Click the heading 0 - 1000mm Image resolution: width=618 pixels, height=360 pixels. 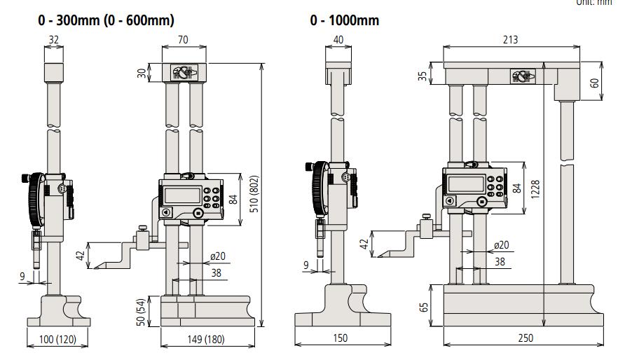(344, 20)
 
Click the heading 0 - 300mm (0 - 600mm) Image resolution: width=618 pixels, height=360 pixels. (106, 20)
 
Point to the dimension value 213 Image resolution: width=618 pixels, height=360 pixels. (510, 39)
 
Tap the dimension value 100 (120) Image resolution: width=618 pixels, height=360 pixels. (57, 340)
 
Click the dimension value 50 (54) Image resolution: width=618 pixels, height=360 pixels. (140, 312)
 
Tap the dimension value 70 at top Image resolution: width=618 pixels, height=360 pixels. (184, 41)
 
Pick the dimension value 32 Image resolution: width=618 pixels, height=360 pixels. (54, 41)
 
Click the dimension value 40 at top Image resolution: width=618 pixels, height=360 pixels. (338, 41)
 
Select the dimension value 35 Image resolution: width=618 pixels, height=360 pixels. (423, 74)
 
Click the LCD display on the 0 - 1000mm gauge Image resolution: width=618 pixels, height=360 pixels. (466, 185)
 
